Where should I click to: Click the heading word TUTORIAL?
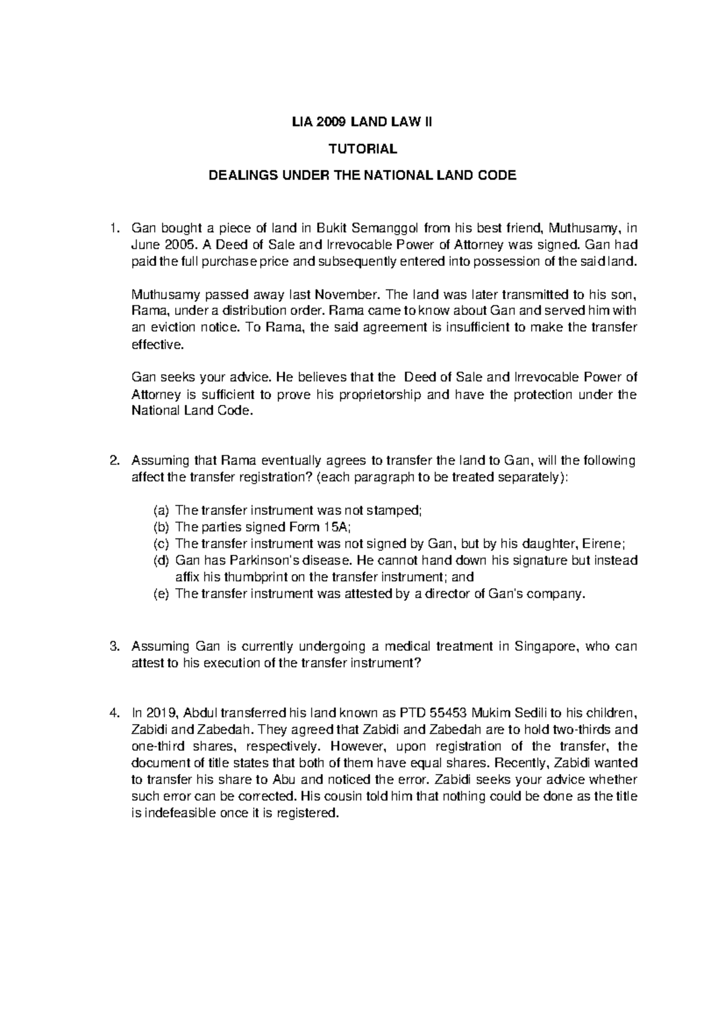[362, 149]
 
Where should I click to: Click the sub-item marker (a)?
[161, 511]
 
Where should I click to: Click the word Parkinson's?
[271, 560]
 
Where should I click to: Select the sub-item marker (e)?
[161, 593]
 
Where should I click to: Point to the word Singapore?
[544, 647]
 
